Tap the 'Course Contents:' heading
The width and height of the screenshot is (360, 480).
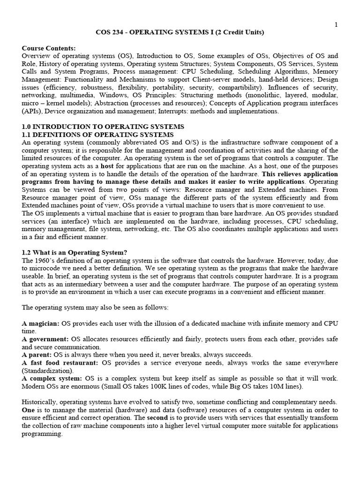point(48,48)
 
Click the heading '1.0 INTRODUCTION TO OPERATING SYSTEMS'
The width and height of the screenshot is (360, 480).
point(103,127)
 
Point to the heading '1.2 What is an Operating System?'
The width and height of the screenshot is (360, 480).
point(75,252)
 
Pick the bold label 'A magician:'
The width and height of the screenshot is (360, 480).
point(41,323)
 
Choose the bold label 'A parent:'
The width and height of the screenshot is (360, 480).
point(37,355)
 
